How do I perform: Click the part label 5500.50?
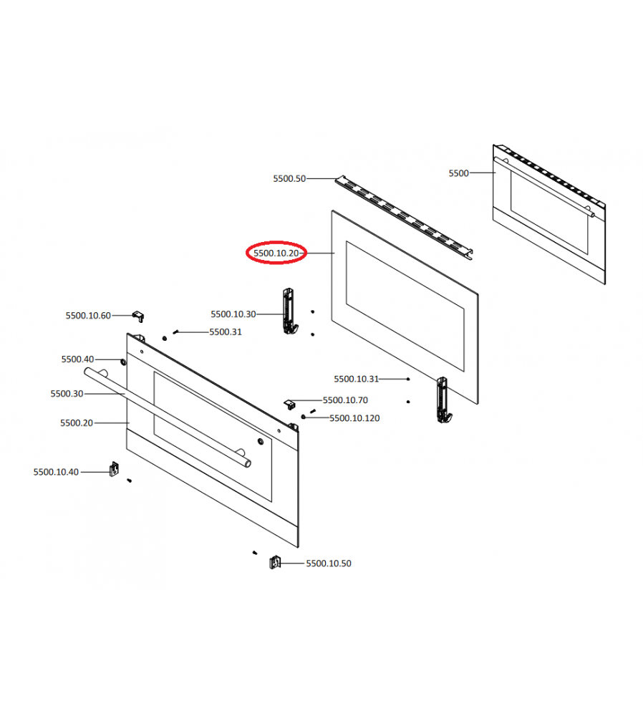pyautogui.click(x=289, y=178)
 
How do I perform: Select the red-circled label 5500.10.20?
pyautogui.click(x=276, y=253)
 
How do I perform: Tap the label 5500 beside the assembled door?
pyautogui.click(x=458, y=173)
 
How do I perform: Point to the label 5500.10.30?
pyautogui.click(x=233, y=314)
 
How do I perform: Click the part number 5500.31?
pyautogui.click(x=225, y=332)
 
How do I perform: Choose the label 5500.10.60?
pyautogui.click(x=87, y=316)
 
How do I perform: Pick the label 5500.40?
pyautogui.click(x=77, y=359)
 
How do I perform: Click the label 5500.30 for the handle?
pyautogui.click(x=67, y=394)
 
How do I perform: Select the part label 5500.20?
pyautogui.click(x=77, y=423)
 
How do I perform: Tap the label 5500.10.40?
pyautogui.click(x=56, y=472)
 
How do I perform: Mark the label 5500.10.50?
pyautogui.click(x=329, y=563)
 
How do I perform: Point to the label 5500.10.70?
pyautogui.click(x=345, y=400)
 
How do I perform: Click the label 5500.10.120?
pyautogui.click(x=354, y=418)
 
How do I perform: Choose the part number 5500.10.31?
pyautogui.click(x=356, y=379)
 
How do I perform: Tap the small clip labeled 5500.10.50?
pyautogui.click(x=274, y=562)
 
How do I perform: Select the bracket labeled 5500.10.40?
pyautogui.click(x=114, y=469)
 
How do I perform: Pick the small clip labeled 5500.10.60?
pyautogui.click(x=138, y=316)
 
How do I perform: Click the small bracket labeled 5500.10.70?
pyautogui.click(x=289, y=404)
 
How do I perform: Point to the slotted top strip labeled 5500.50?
pyautogui.click(x=404, y=218)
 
